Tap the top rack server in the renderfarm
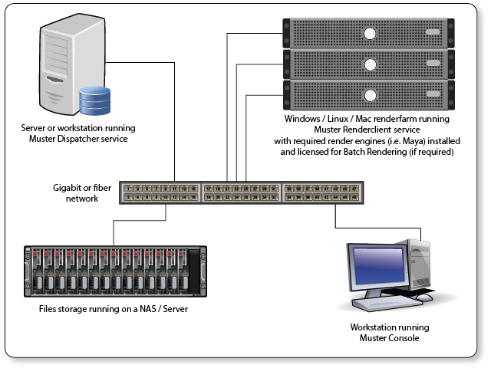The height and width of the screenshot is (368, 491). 368,32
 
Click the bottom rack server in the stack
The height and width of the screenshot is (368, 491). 368,95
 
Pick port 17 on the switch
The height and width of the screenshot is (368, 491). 209,188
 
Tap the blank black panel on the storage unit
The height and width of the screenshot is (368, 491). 203,270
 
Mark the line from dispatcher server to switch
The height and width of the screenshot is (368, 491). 176,123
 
